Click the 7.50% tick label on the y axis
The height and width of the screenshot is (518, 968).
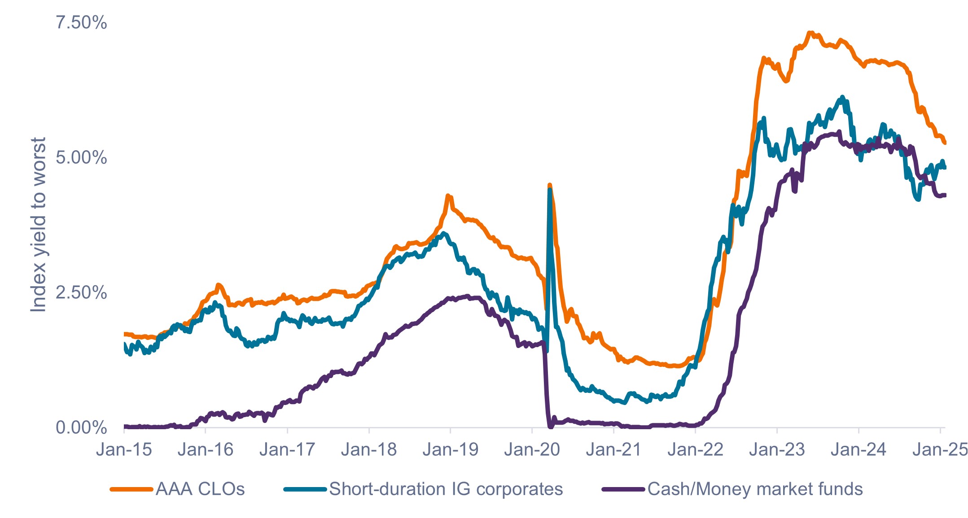(x=81, y=22)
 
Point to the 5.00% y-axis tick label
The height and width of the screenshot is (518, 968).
(x=81, y=158)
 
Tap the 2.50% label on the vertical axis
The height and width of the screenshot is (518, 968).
(x=81, y=293)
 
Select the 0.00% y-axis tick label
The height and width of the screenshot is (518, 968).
(x=81, y=428)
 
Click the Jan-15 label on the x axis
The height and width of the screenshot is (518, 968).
(x=124, y=450)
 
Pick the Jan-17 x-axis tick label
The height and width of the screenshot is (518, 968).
(x=287, y=450)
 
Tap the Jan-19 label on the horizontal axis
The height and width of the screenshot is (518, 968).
(x=451, y=450)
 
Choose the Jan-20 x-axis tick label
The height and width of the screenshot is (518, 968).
(x=532, y=450)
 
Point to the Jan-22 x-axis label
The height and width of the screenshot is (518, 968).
(x=696, y=450)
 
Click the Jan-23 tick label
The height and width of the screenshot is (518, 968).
(x=777, y=450)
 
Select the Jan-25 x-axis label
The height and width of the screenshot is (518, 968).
(x=940, y=450)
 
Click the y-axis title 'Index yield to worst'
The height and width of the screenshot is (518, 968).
(x=39, y=224)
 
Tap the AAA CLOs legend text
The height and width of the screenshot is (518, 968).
(x=200, y=489)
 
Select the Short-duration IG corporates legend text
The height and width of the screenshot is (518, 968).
(x=446, y=489)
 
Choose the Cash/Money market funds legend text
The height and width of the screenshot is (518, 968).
(x=755, y=489)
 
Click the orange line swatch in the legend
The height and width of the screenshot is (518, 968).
(x=131, y=489)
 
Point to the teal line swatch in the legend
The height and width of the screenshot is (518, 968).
(x=305, y=489)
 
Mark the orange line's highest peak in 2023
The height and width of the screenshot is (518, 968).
(x=810, y=33)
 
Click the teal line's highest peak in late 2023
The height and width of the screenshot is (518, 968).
(x=842, y=97)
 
